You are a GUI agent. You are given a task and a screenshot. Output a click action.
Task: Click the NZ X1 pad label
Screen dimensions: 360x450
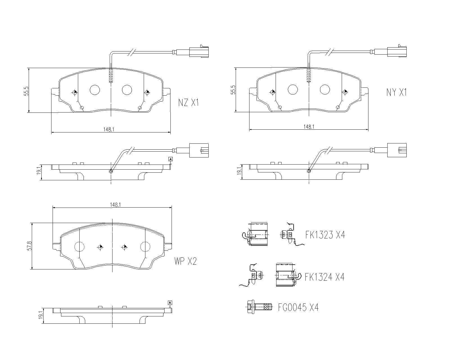[188, 103]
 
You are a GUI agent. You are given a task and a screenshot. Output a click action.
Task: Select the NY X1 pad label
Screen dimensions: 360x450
[396, 92]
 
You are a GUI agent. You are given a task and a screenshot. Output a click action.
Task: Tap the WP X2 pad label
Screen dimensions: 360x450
[185, 262]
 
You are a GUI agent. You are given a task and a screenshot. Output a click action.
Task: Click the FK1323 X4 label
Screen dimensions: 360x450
[325, 235]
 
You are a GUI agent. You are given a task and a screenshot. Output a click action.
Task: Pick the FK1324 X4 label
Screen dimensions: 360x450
[324, 277]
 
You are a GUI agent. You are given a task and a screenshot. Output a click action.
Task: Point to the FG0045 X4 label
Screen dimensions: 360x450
[298, 307]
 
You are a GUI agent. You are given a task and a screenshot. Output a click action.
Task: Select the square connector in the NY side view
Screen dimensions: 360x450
[397, 150]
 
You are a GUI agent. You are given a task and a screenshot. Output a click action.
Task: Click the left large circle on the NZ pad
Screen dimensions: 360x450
[95, 90]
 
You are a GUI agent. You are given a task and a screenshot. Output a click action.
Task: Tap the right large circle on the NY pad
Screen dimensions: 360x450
[325, 89]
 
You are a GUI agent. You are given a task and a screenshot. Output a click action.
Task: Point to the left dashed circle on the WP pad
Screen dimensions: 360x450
[79, 247]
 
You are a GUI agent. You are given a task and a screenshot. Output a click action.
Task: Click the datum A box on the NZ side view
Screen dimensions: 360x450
[170, 159]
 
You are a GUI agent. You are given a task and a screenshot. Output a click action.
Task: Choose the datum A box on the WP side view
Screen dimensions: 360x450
[170, 303]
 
